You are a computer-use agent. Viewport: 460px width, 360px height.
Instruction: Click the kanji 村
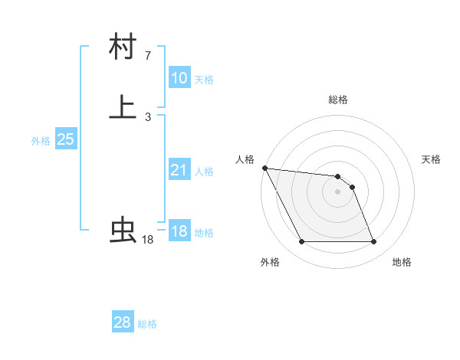[123, 47]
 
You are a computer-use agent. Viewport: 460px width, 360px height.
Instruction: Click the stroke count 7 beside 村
[147, 56]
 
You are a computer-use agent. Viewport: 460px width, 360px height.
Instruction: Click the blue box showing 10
[179, 78]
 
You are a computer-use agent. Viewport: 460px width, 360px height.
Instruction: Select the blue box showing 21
[179, 170]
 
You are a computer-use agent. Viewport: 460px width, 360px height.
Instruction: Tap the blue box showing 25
[66, 139]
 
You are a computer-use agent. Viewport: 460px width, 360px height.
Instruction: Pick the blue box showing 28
[123, 322]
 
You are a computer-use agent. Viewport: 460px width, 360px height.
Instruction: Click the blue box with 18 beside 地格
[179, 231]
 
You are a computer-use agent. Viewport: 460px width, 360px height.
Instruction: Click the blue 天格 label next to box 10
[204, 80]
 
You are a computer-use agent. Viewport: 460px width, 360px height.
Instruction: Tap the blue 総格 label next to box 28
[147, 324]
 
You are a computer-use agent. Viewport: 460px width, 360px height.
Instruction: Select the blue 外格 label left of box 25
[41, 141]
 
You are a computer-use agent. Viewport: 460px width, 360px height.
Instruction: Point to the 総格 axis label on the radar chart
[338, 100]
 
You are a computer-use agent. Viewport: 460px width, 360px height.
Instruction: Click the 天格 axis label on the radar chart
[432, 159]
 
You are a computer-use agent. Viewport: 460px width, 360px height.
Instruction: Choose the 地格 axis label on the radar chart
[402, 262]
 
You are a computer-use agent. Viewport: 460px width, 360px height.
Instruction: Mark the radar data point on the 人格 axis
[264, 168]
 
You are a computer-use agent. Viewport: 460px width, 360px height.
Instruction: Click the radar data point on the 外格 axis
[301, 242]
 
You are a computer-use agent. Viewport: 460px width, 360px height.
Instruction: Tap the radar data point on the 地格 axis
[374, 242]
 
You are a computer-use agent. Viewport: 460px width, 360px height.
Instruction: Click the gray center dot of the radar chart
[338, 191]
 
